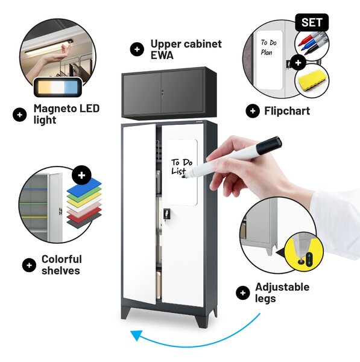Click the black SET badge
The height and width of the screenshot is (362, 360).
click(312, 22)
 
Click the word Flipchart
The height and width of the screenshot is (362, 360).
click(287, 111)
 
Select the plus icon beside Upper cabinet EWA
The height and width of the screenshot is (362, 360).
click(137, 49)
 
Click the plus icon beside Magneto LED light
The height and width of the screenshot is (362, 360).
click(20, 115)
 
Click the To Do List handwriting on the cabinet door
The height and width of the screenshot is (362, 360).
click(182, 167)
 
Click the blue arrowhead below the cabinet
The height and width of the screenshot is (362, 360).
click(137, 335)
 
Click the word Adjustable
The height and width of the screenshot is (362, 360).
click(282, 287)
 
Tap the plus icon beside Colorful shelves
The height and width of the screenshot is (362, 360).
click(29, 265)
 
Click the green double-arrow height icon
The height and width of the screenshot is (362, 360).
click(309, 259)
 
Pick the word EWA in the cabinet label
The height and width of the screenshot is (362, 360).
click(162, 55)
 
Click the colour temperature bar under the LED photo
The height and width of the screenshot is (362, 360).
click(58, 87)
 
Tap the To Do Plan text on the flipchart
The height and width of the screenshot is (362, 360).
click(268, 47)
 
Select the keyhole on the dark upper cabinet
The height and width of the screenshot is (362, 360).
click(162, 92)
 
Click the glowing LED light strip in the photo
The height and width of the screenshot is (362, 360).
click(49, 48)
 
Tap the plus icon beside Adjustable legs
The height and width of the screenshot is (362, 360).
click(243, 293)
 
